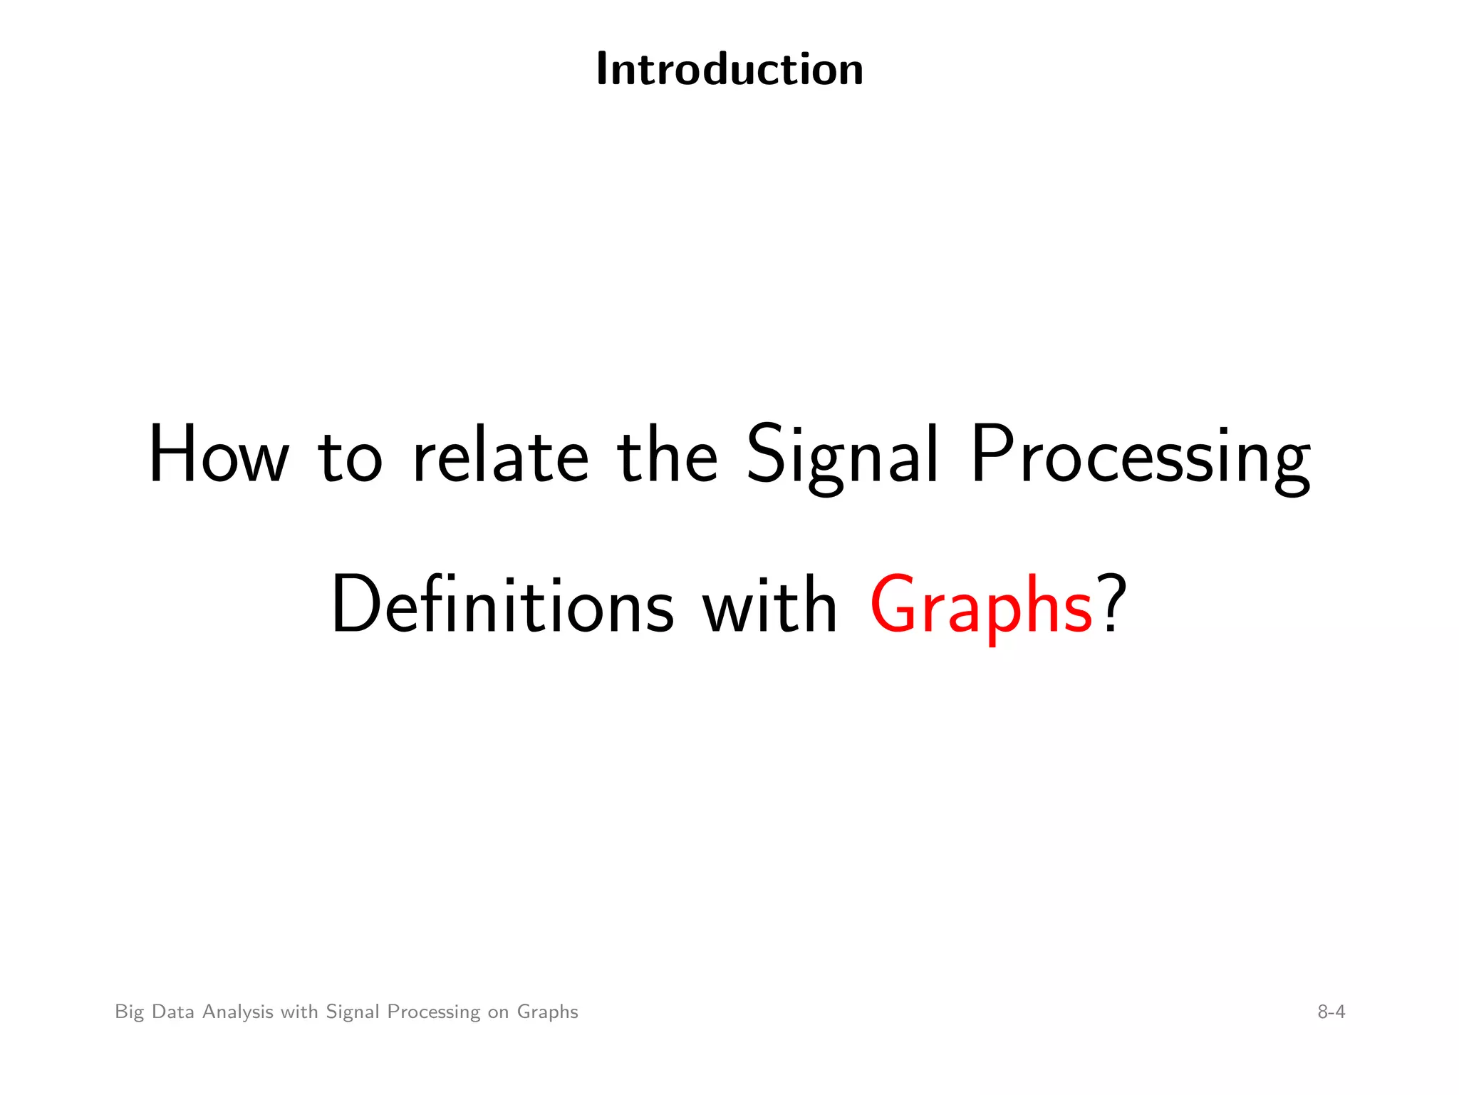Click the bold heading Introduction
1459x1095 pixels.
tap(729, 70)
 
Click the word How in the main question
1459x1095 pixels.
tap(219, 455)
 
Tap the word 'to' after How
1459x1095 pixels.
tap(350, 456)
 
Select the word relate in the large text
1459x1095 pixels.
tap(501, 455)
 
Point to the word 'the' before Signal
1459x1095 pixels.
tap(667, 455)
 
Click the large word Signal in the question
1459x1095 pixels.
tap(842, 456)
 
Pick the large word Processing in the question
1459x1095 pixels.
tap(1141, 456)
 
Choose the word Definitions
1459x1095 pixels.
tap(502, 605)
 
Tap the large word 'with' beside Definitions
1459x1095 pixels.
tap(769, 605)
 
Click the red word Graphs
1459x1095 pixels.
tap(981, 606)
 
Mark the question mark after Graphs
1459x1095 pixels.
tap(1113, 603)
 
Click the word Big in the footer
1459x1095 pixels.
tap(129, 1012)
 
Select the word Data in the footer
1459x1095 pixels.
tap(173, 1012)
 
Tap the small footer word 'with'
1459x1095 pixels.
tap(299, 1012)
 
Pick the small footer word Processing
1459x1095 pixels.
tap(434, 1012)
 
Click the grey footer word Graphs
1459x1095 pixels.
tap(547, 1012)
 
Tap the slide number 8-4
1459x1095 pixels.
tap(1331, 1012)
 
